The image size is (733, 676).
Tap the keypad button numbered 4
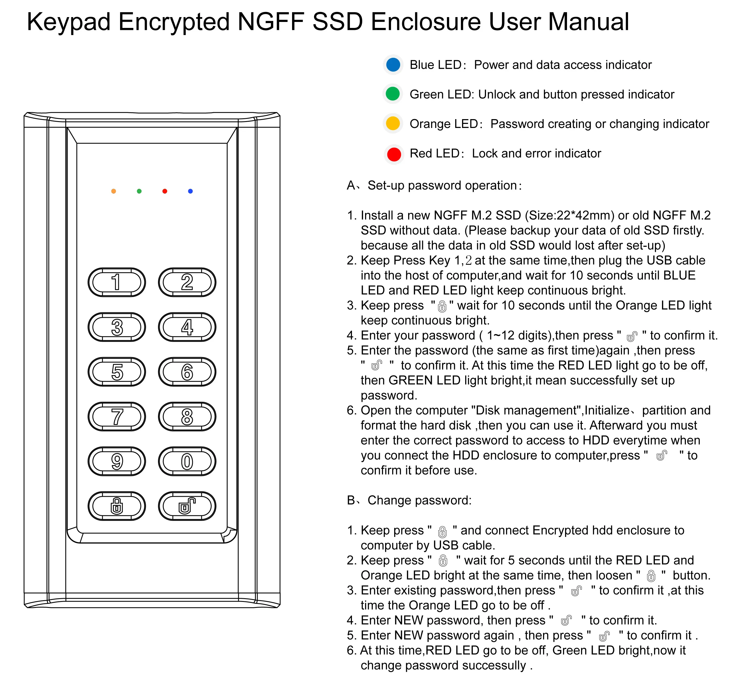point(187,327)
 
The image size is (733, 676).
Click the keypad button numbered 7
point(117,417)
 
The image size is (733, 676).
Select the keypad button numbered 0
point(187,461)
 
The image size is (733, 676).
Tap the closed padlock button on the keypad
point(117,506)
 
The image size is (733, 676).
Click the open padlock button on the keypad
point(187,506)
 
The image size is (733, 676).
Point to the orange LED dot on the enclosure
point(114,191)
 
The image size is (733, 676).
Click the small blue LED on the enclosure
point(191,191)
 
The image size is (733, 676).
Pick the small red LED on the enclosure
point(165,191)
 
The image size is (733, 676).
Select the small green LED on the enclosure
point(139,191)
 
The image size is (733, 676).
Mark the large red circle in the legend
point(394,154)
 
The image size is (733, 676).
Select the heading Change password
point(419,500)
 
